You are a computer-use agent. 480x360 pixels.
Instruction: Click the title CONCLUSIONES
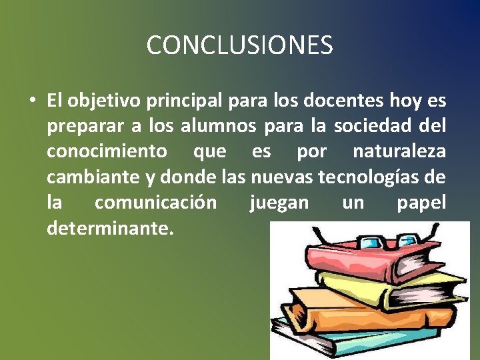click(239, 45)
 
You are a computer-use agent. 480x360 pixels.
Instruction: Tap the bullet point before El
click(31, 101)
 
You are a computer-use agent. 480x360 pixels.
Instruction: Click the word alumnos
click(223, 127)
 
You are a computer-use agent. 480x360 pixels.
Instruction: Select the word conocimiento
click(107, 152)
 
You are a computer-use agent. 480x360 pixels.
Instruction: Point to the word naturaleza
click(399, 152)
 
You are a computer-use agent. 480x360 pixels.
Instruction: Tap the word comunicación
click(155, 203)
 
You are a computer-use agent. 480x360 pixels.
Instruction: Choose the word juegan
click(279, 203)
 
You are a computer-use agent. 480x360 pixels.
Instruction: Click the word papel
click(421, 203)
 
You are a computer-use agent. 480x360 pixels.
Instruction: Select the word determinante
click(110, 228)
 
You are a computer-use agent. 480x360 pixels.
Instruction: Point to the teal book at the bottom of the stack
click(347, 343)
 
